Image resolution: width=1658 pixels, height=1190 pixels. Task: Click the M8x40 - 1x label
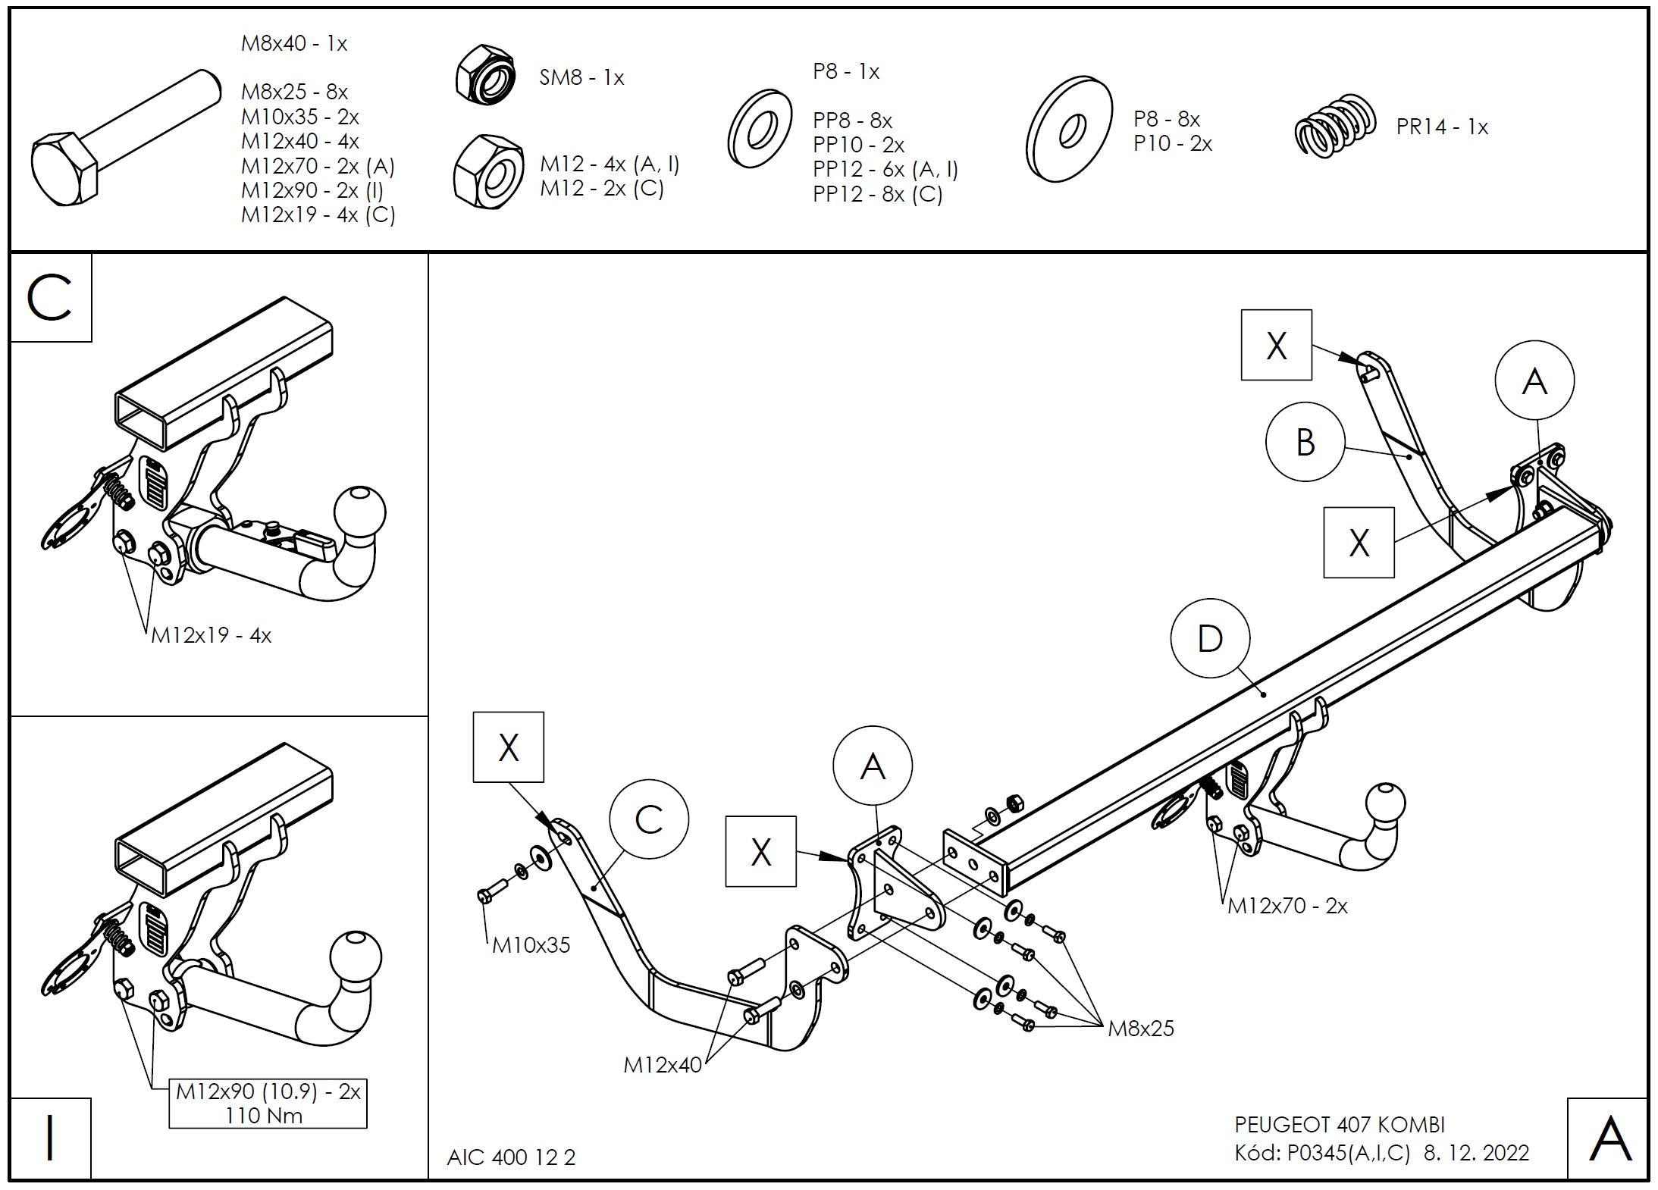point(294,44)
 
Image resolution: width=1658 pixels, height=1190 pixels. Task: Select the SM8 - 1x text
point(581,77)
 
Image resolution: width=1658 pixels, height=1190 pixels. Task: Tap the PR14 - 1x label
point(1442,127)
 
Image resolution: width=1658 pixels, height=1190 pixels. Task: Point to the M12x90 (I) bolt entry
point(312,190)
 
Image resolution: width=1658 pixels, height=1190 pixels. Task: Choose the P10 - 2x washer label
point(1173,143)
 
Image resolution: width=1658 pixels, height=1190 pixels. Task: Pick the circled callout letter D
point(1209,638)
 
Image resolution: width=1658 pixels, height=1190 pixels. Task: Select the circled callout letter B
point(1305,442)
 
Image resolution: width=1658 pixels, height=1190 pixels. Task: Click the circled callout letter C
point(649,819)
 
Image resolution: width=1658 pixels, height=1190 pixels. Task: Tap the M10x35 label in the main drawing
point(531,945)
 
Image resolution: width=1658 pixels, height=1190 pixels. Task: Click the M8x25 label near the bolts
point(1140,1029)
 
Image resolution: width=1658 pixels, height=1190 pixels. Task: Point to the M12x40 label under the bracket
point(663,1065)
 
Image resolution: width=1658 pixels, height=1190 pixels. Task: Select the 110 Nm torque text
point(264,1116)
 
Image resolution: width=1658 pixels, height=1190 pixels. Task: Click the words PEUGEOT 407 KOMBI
point(1340,1124)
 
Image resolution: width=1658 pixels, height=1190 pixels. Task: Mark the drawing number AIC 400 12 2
point(511,1157)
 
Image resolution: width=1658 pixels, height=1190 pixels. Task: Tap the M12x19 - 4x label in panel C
point(211,635)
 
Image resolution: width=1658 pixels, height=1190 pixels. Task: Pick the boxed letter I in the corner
point(50,1138)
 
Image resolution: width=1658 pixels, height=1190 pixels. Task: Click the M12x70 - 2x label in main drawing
point(1287,906)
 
